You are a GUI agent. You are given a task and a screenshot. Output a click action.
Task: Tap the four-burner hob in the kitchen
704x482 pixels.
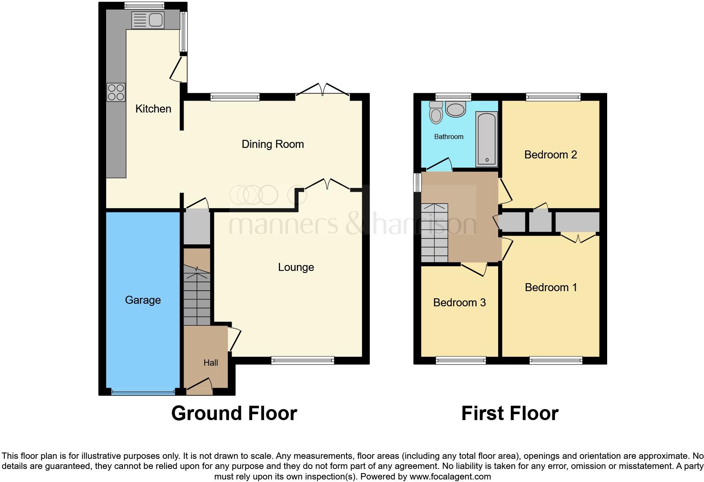tap(116, 92)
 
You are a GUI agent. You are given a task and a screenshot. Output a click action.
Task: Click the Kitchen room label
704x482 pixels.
tap(153, 109)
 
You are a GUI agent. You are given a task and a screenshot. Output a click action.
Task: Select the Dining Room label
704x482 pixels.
tap(272, 144)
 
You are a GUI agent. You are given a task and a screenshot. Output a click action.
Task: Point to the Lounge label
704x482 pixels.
tap(296, 267)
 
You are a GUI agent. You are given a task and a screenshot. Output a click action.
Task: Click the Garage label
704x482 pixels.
tap(143, 300)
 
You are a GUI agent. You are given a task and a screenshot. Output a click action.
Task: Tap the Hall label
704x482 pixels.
tap(211, 362)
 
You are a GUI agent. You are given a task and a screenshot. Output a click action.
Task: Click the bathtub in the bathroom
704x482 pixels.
tap(487, 139)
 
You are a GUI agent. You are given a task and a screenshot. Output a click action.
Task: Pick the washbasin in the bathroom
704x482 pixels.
tap(456, 110)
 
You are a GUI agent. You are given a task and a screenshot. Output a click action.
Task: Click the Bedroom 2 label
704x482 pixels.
tap(550, 155)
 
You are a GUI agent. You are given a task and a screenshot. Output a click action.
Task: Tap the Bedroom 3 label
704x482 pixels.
tap(459, 303)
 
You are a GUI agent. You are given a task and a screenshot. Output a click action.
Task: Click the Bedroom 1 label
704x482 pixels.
tap(551, 287)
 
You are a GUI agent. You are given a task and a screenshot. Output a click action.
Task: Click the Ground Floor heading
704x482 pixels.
tap(234, 413)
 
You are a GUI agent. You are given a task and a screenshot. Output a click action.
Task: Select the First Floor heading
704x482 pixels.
tap(509, 413)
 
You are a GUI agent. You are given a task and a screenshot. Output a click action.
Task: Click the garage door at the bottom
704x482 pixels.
tap(143, 392)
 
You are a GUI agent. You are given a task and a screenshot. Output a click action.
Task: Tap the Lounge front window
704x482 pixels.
tap(303, 360)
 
